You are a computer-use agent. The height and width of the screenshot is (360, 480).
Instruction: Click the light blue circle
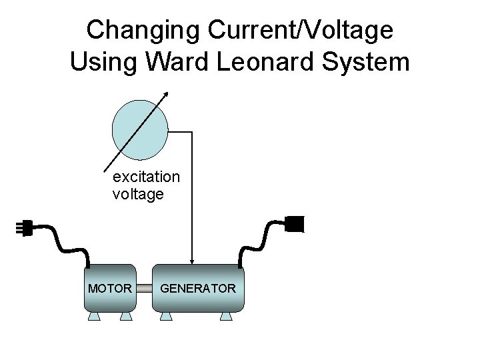tap(140, 130)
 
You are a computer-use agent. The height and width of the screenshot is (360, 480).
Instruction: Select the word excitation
tap(146, 177)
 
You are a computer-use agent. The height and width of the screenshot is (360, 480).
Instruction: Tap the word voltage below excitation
tap(138, 195)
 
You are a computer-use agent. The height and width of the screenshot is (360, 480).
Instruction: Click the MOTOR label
tap(109, 289)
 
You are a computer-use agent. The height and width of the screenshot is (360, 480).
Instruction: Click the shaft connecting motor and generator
tap(144, 289)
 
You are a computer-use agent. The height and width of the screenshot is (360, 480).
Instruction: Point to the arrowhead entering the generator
tap(192, 261)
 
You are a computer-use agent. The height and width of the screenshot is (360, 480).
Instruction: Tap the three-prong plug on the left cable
tap(25, 229)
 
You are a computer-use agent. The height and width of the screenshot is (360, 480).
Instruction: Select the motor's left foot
tap(94, 316)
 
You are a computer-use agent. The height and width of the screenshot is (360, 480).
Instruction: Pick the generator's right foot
tap(227, 316)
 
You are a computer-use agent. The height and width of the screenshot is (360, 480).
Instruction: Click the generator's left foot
tap(165, 316)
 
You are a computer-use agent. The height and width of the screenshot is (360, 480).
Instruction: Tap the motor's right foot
tap(125, 316)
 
